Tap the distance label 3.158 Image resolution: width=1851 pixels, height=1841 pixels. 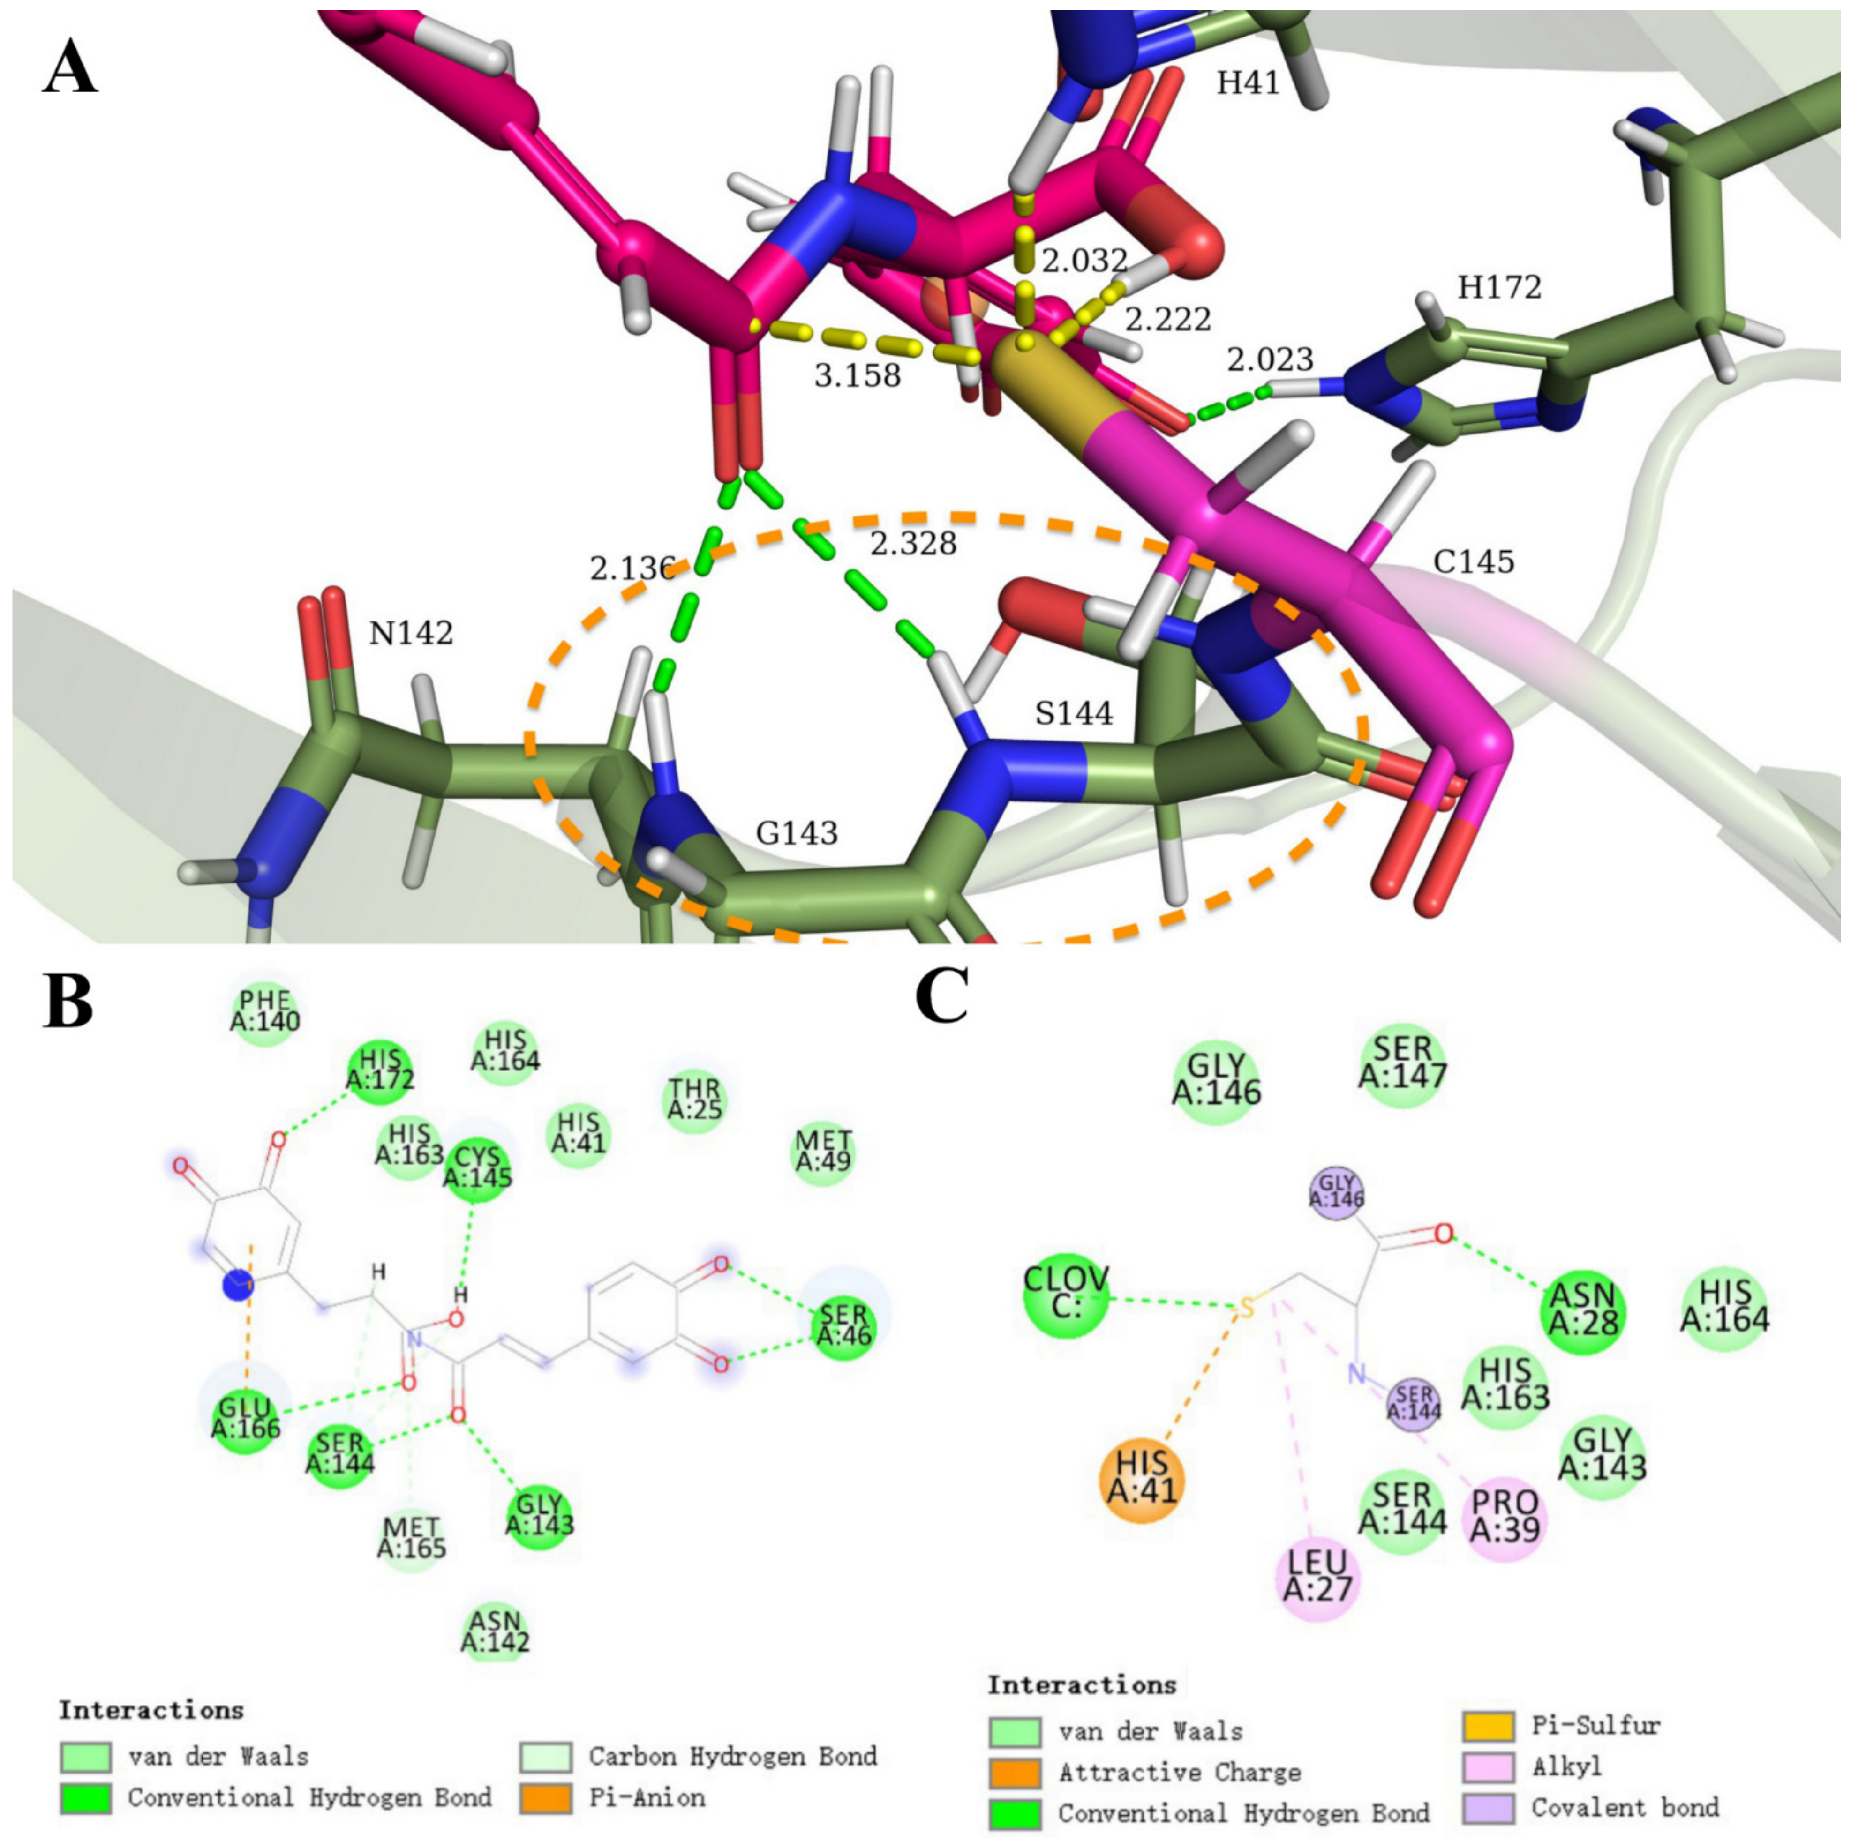click(x=858, y=374)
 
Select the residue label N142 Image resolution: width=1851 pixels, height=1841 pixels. click(x=411, y=633)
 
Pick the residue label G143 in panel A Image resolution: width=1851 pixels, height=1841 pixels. click(x=796, y=833)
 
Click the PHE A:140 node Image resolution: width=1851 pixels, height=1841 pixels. click(x=265, y=1012)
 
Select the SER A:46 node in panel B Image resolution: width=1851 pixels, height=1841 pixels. click(x=843, y=1329)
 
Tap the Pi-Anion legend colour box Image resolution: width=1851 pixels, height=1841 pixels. click(x=546, y=1798)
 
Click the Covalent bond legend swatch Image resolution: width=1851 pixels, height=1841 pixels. click(x=1488, y=1807)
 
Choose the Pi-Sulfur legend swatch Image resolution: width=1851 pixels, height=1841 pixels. click(x=1488, y=1725)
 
